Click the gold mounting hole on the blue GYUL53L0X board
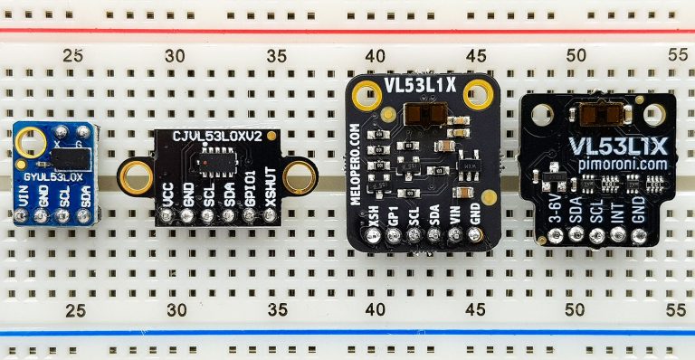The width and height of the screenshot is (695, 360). pyautogui.click(x=27, y=143)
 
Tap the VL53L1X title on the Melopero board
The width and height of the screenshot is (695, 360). pyautogui.click(x=419, y=87)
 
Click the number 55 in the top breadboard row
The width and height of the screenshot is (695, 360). pyautogui.click(x=676, y=53)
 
